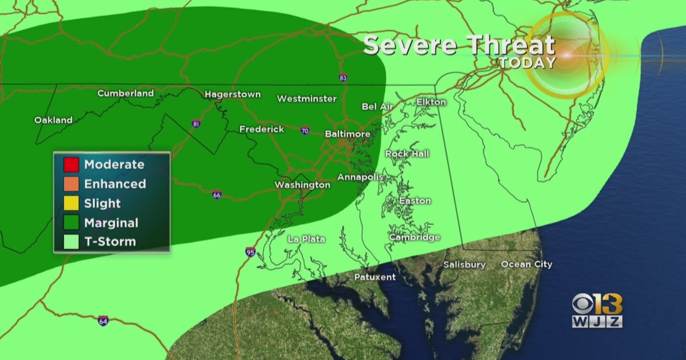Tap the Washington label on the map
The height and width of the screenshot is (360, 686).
pyautogui.click(x=302, y=185)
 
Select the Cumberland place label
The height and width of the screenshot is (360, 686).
pyautogui.click(x=125, y=93)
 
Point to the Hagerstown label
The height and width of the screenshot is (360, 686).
pyautogui.click(x=233, y=94)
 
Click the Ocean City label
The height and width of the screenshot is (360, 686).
pyautogui.click(x=527, y=264)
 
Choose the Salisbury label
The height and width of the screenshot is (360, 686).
pyautogui.click(x=464, y=265)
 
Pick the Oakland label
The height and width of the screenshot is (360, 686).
pyautogui.click(x=53, y=120)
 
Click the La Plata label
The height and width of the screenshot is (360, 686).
pyautogui.click(x=306, y=239)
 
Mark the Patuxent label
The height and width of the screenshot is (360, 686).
pyautogui.click(x=374, y=277)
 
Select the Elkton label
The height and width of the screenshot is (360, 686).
pyautogui.click(x=431, y=102)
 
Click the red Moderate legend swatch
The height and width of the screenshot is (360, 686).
pyautogui.click(x=71, y=165)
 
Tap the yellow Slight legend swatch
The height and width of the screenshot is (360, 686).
pyautogui.click(x=71, y=203)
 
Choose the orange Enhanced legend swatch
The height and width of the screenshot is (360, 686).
pyautogui.click(x=71, y=184)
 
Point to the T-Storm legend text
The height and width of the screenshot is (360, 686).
pyautogui.click(x=110, y=242)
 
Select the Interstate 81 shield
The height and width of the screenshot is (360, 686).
pyautogui.click(x=196, y=123)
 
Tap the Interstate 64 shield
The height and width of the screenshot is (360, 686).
pyautogui.click(x=103, y=321)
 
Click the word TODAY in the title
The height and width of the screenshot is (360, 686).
pyautogui.click(x=527, y=62)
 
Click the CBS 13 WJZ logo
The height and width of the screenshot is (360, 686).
pyautogui.click(x=597, y=311)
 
